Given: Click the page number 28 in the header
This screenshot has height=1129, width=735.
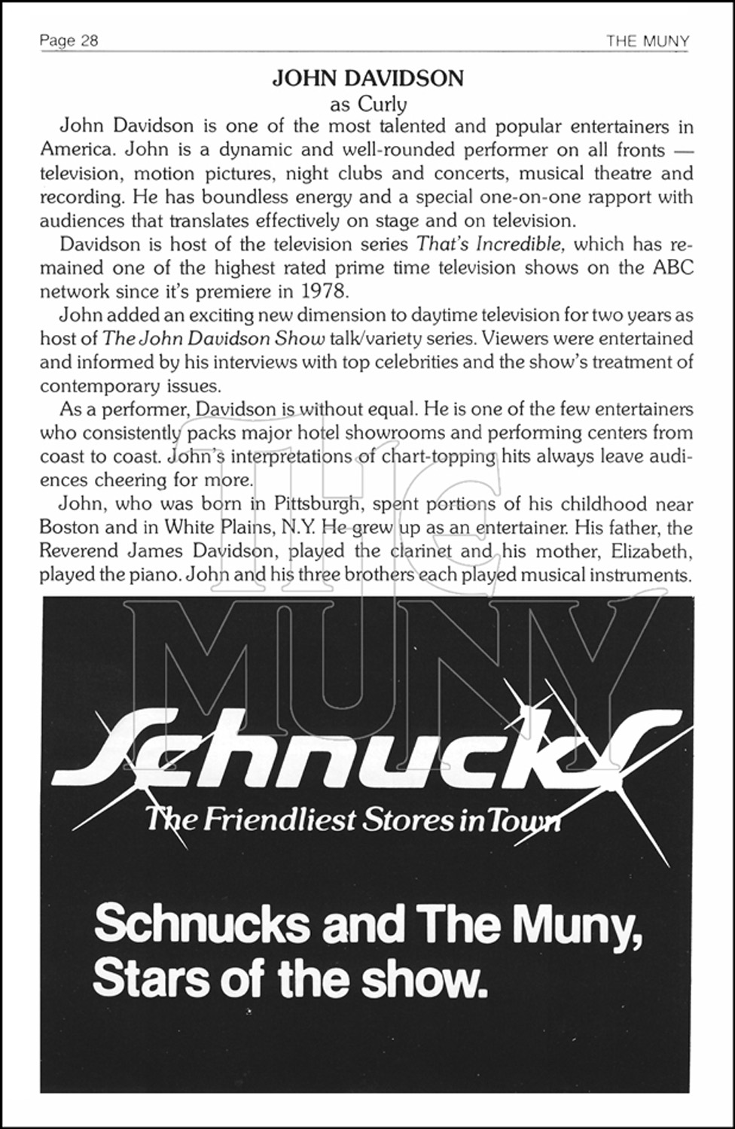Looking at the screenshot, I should coord(89,41).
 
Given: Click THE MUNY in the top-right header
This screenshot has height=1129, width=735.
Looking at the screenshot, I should coord(648,41).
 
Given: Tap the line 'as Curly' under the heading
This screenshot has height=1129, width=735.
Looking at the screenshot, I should coord(367,103).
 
